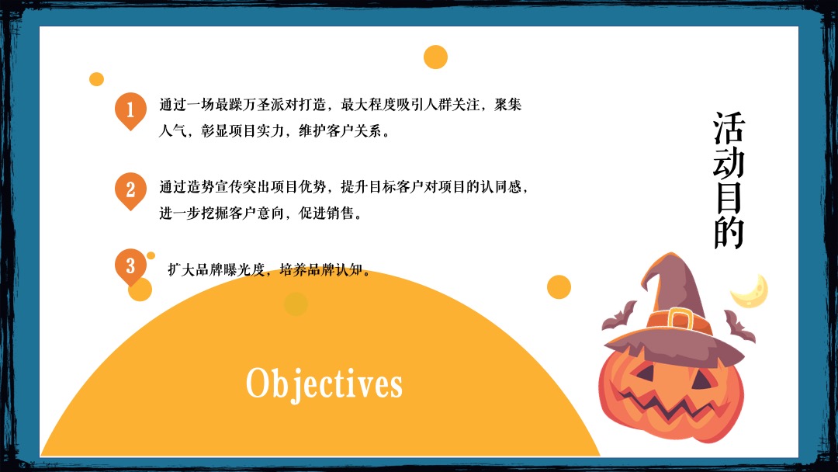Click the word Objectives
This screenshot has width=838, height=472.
coord(324,383)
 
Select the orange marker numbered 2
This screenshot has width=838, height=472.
coord(130,189)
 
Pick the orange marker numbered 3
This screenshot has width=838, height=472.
coord(130,266)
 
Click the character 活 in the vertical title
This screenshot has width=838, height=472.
coord(729,129)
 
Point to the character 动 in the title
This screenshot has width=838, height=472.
coord(729,163)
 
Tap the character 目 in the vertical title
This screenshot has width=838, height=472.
coord(729,197)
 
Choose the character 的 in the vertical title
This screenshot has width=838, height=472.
coord(729,232)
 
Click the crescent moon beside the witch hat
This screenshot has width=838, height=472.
coord(751,290)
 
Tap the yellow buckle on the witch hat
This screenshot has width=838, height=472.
coord(680,318)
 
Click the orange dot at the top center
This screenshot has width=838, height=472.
coord(435,57)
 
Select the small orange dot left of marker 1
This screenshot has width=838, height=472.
coord(96,78)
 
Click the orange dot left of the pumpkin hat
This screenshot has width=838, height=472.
coord(559,286)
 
